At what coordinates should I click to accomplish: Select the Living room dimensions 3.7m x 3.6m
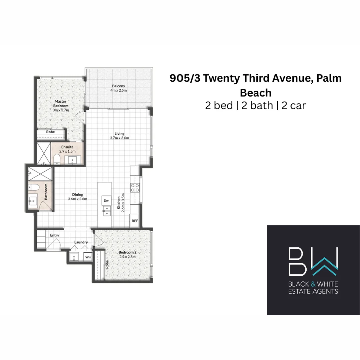pyautogui.click(x=120, y=138)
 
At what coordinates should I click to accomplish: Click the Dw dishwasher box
pyautogui.click(x=106, y=201)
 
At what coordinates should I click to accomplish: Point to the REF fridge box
pyautogui.click(x=135, y=221)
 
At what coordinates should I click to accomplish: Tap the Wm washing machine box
pyautogui.click(x=88, y=257)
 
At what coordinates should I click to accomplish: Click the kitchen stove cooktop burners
pyautogui.click(x=135, y=188)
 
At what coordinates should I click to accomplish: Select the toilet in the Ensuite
pyautogui.click(x=57, y=159)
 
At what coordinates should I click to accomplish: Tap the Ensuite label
pyautogui.click(x=67, y=147)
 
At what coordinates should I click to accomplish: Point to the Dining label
pyautogui.click(x=77, y=195)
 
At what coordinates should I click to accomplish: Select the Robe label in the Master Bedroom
pyautogui.click(x=50, y=132)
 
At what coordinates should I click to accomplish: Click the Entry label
pyautogui.click(x=55, y=235)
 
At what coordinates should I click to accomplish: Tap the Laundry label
pyautogui.click(x=81, y=242)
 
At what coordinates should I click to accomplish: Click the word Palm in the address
pyautogui.click(x=329, y=78)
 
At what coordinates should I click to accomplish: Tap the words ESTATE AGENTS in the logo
pyautogui.click(x=313, y=291)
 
